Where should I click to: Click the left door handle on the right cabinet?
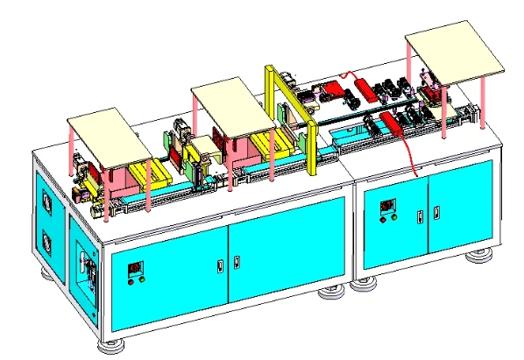[x=421, y=214]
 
